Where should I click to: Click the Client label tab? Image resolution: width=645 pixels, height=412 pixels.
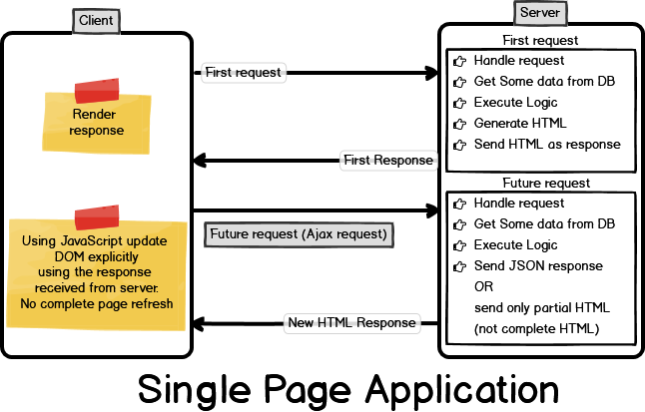pyautogui.click(x=96, y=19)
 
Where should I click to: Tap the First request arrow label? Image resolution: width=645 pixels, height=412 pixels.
pyautogui.click(x=243, y=72)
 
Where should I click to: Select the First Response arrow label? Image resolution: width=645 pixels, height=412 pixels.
pyautogui.click(x=387, y=160)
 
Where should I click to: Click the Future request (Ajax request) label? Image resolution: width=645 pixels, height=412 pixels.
pyautogui.click(x=299, y=235)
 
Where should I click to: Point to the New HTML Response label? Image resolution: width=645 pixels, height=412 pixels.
pyautogui.click(x=350, y=322)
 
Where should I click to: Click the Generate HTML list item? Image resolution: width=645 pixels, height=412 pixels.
pyautogui.click(x=519, y=124)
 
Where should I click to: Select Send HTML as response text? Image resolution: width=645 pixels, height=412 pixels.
pyautogui.click(x=546, y=145)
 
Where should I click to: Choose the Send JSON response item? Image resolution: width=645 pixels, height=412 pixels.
pyautogui.click(x=537, y=266)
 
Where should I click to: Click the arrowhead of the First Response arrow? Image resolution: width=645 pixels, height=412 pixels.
pyautogui.click(x=199, y=160)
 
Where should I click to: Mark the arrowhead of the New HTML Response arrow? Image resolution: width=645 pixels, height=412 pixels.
pyautogui.click(x=199, y=322)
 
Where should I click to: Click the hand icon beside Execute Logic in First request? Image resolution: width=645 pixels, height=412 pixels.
pyautogui.click(x=459, y=103)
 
